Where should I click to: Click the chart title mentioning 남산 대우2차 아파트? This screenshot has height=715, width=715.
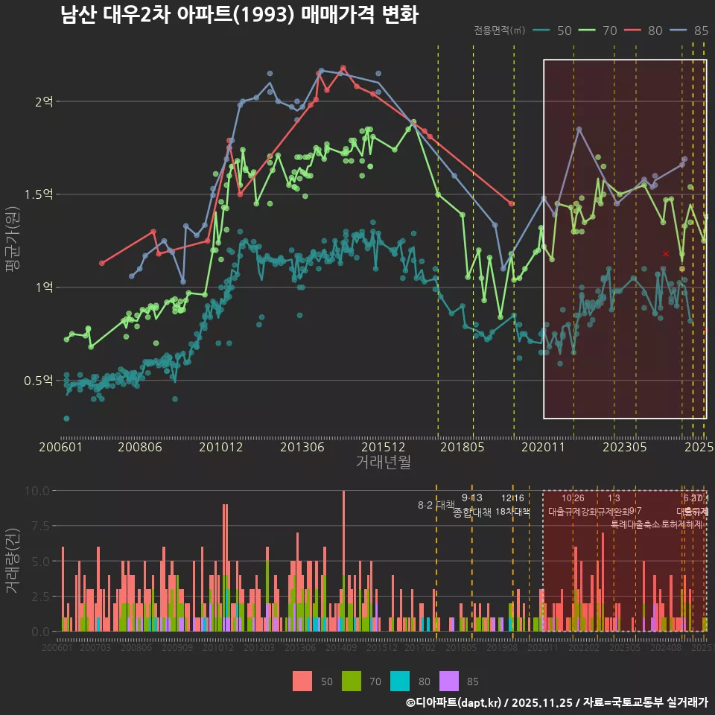point(239,16)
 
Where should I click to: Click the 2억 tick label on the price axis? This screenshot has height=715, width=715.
point(44,101)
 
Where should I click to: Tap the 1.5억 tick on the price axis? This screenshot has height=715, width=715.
point(42,194)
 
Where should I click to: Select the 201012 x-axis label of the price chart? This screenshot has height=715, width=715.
point(220,447)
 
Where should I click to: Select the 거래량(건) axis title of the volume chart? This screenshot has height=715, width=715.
point(12,561)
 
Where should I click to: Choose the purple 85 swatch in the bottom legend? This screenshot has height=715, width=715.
point(449,681)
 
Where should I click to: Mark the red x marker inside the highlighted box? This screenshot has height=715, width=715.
point(666,254)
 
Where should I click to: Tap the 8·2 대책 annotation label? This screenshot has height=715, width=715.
point(436,505)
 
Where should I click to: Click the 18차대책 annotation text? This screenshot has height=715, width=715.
point(512,512)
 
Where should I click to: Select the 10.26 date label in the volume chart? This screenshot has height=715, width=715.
point(573,498)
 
